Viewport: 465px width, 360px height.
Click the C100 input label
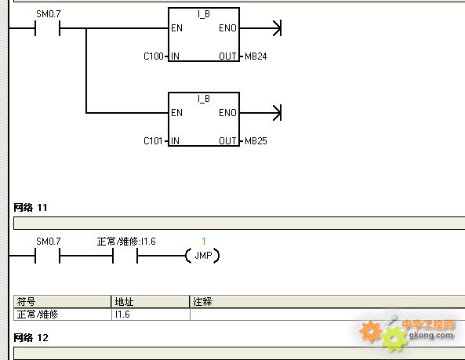coord(154,56)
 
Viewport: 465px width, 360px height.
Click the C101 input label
coord(153,141)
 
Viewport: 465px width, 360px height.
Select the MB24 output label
coord(256,56)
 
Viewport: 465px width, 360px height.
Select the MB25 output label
coord(256,141)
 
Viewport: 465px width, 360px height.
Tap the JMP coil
coord(203,256)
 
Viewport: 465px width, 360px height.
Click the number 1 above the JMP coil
coord(204,241)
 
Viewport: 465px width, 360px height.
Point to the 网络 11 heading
coord(31,207)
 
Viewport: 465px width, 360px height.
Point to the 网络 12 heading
coord(31,337)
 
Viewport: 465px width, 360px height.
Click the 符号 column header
coord(26,302)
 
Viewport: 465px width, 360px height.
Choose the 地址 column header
coord(124,302)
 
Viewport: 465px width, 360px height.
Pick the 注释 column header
coord(202,302)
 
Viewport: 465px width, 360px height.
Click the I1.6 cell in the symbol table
coord(122,314)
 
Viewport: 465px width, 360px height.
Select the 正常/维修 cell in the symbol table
coord(38,314)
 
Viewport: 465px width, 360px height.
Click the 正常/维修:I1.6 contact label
coord(126,242)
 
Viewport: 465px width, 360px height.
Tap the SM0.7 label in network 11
coord(49,242)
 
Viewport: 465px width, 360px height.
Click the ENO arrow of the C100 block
coord(260,28)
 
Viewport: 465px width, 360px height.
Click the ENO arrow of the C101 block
coord(260,113)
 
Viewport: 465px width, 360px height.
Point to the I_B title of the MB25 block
coord(204,99)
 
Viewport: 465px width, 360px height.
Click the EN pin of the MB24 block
coord(176,28)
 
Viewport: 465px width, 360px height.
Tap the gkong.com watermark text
coord(431,336)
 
